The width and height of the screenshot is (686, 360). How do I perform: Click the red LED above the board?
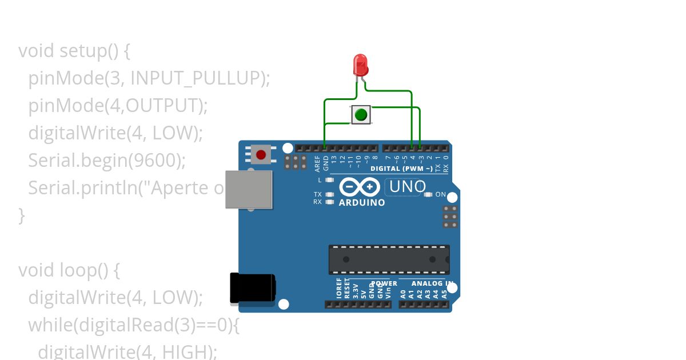click(360, 65)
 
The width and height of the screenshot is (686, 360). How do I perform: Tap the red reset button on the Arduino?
click(261, 154)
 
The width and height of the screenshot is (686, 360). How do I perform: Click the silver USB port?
click(248, 189)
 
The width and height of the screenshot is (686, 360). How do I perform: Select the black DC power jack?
click(252, 288)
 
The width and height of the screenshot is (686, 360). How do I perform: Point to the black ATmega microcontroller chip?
click(389, 259)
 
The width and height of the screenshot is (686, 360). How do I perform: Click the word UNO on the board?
click(408, 186)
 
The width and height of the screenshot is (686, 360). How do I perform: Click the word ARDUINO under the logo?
click(362, 202)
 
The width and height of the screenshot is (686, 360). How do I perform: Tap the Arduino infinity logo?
click(360, 187)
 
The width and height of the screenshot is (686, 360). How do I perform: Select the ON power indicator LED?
click(428, 194)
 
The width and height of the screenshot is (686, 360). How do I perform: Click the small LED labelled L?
click(329, 180)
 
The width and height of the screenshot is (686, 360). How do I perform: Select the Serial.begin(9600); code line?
click(107, 161)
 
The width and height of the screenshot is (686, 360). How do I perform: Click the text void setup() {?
click(74, 51)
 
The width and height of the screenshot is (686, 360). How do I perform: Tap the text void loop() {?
click(69, 270)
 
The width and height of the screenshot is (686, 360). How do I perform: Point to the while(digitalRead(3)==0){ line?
click(133, 325)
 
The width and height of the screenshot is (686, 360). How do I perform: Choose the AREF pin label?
click(317, 163)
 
